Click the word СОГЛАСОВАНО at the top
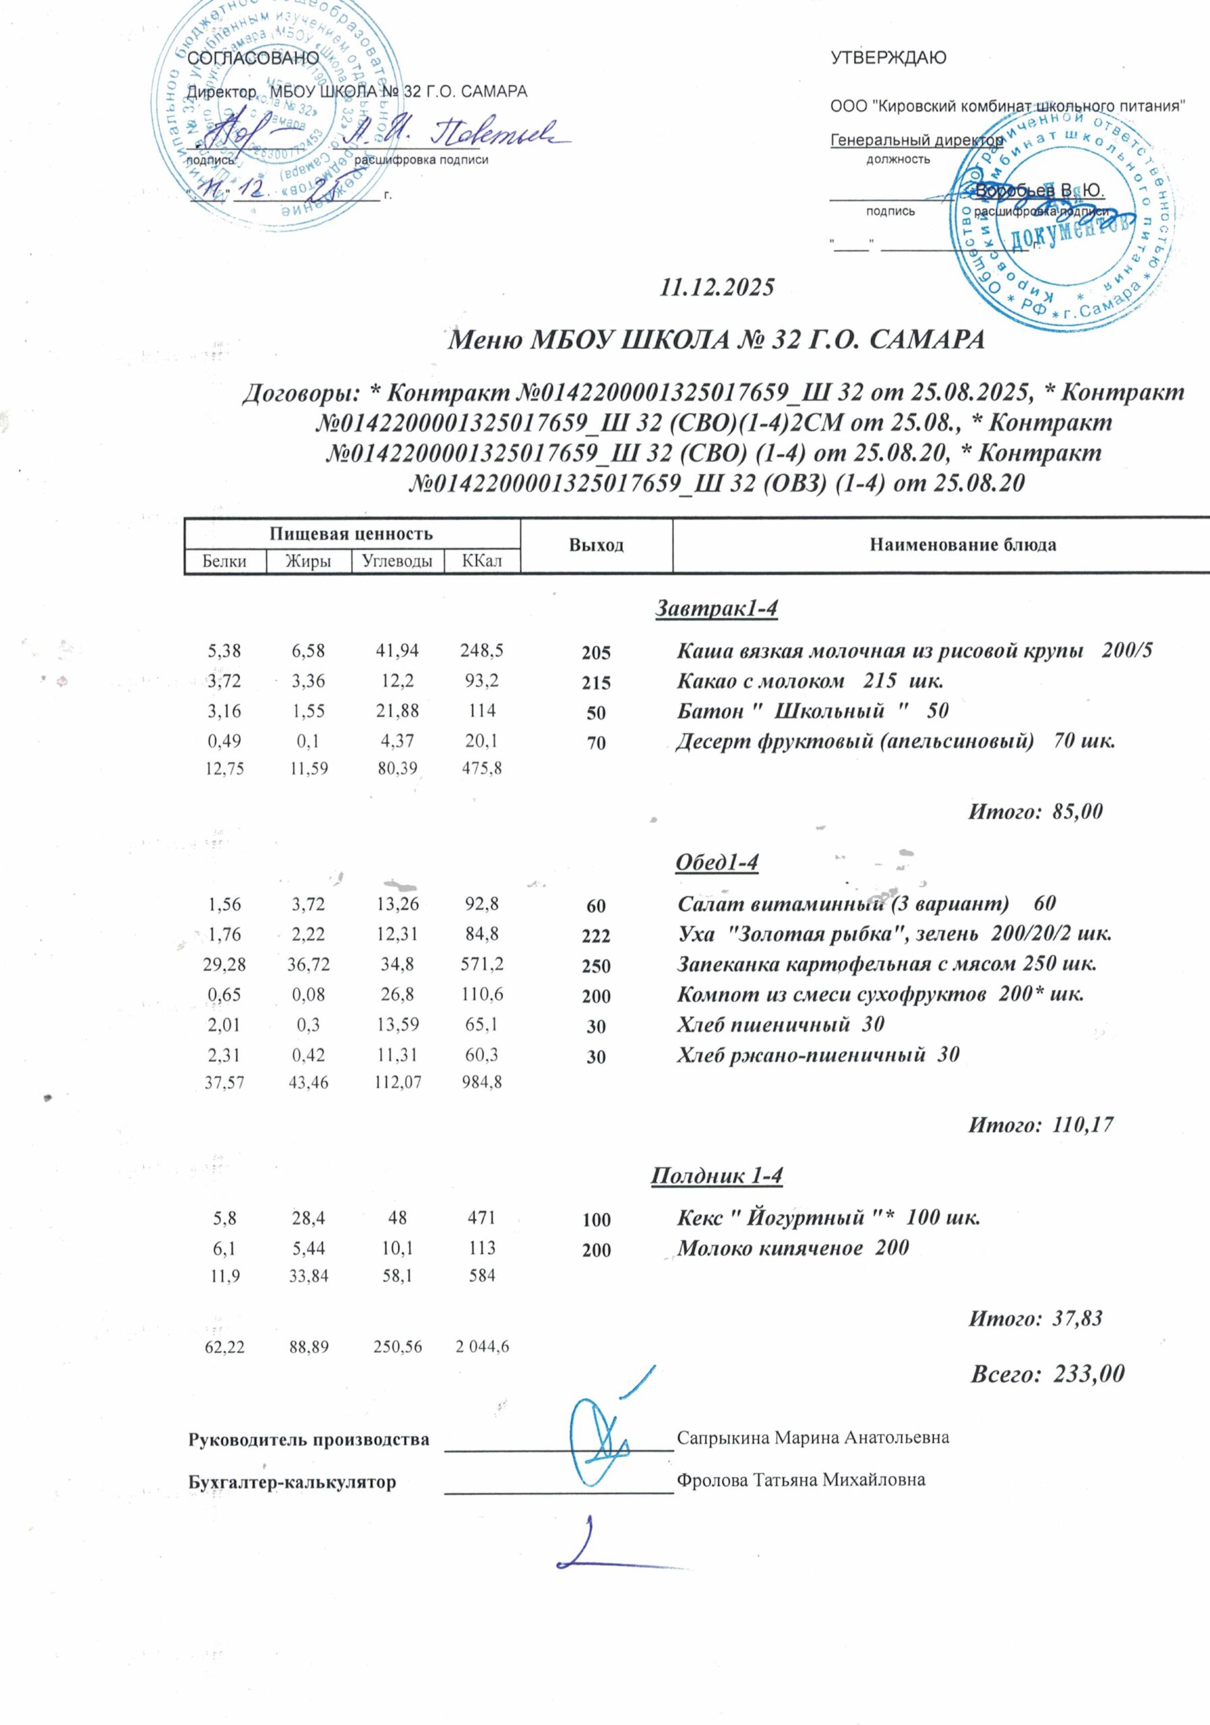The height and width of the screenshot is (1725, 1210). [x=253, y=58]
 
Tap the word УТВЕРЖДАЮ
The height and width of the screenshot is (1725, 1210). [x=888, y=58]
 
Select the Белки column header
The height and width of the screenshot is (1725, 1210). [x=224, y=561]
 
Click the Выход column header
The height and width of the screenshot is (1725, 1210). [x=596, y=545]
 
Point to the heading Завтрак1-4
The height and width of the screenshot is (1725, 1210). [x=717, y=608]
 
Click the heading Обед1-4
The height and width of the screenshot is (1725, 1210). [x=717, y=863]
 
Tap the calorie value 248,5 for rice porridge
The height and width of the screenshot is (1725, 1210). [x=481, y=651]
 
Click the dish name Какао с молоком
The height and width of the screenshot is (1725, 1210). [x=760, y=682]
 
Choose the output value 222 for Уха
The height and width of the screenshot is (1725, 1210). [x=596, y=936]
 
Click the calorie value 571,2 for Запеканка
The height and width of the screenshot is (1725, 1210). [x=481, y=964]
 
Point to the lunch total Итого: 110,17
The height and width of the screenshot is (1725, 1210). [x=1040, y=1125]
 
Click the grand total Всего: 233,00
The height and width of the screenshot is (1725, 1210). [x=1048, y=1373]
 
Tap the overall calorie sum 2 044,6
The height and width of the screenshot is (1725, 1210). [x=483, y=1347]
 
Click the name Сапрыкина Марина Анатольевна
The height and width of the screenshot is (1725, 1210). [x=812, y=1438]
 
